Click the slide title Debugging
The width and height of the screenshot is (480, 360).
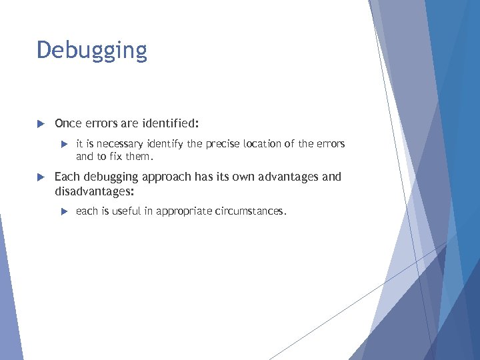[x=92, y=51]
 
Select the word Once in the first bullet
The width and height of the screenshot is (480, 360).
[x=68, y=123]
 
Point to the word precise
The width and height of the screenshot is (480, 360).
[x=225, y=144]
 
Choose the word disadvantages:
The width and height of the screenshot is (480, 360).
[x=94, y=191]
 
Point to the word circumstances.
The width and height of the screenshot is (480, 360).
[x=251, y=211]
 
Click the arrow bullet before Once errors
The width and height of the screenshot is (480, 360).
[x=39, y=123]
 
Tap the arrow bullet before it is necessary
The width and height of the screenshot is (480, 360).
[x=63, y=144]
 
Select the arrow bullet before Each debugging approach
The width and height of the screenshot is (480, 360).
[x=39, y=177]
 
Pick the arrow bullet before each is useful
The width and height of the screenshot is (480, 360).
[x=63, y=211]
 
